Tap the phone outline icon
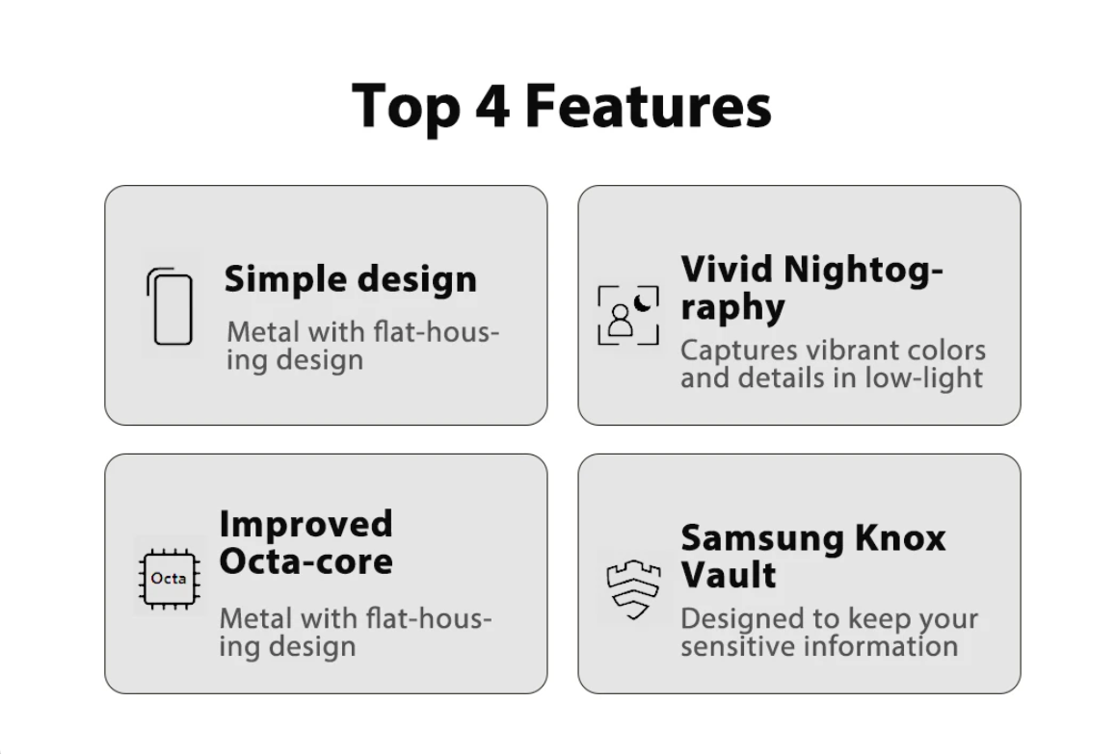(x=171, y=306)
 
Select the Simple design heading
(x=350, y=279)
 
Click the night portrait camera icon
(x=628, y=315)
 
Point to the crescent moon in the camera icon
(x=643, y=301)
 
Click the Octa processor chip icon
(x=169, y=578)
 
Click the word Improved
(x=306, y=525)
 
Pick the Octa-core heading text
(x=306, y=561)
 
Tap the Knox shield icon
(x=633, y=588)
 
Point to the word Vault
(x=729, y=575)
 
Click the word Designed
(x=744, y=619)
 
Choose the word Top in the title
(x=406, y=107)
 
